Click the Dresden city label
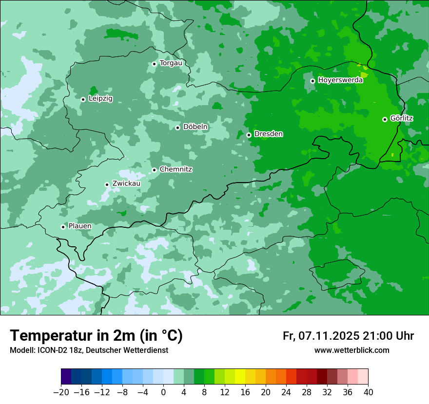tap(268, 134)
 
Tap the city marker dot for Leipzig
tap(83, 99)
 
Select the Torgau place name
tap(171, 63)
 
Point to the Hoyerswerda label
tap(340, 80)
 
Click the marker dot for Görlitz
tap(385, 119)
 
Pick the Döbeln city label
tap(195, 127)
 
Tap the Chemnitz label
tap(175, 169)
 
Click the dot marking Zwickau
tap(107, 184)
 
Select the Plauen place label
tap(79, 226)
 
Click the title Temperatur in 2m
tap(96, 336)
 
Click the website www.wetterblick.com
tap(351, 350)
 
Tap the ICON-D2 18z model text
tap(54, 350)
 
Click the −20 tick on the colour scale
tap(61, 392)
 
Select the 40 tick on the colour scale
tap(368, 392)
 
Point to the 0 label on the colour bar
tap(163, 392)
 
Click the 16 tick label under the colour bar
tap(245, 392)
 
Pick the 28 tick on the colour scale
tap(307, 392)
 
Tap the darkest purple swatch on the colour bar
tap(66, 377)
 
